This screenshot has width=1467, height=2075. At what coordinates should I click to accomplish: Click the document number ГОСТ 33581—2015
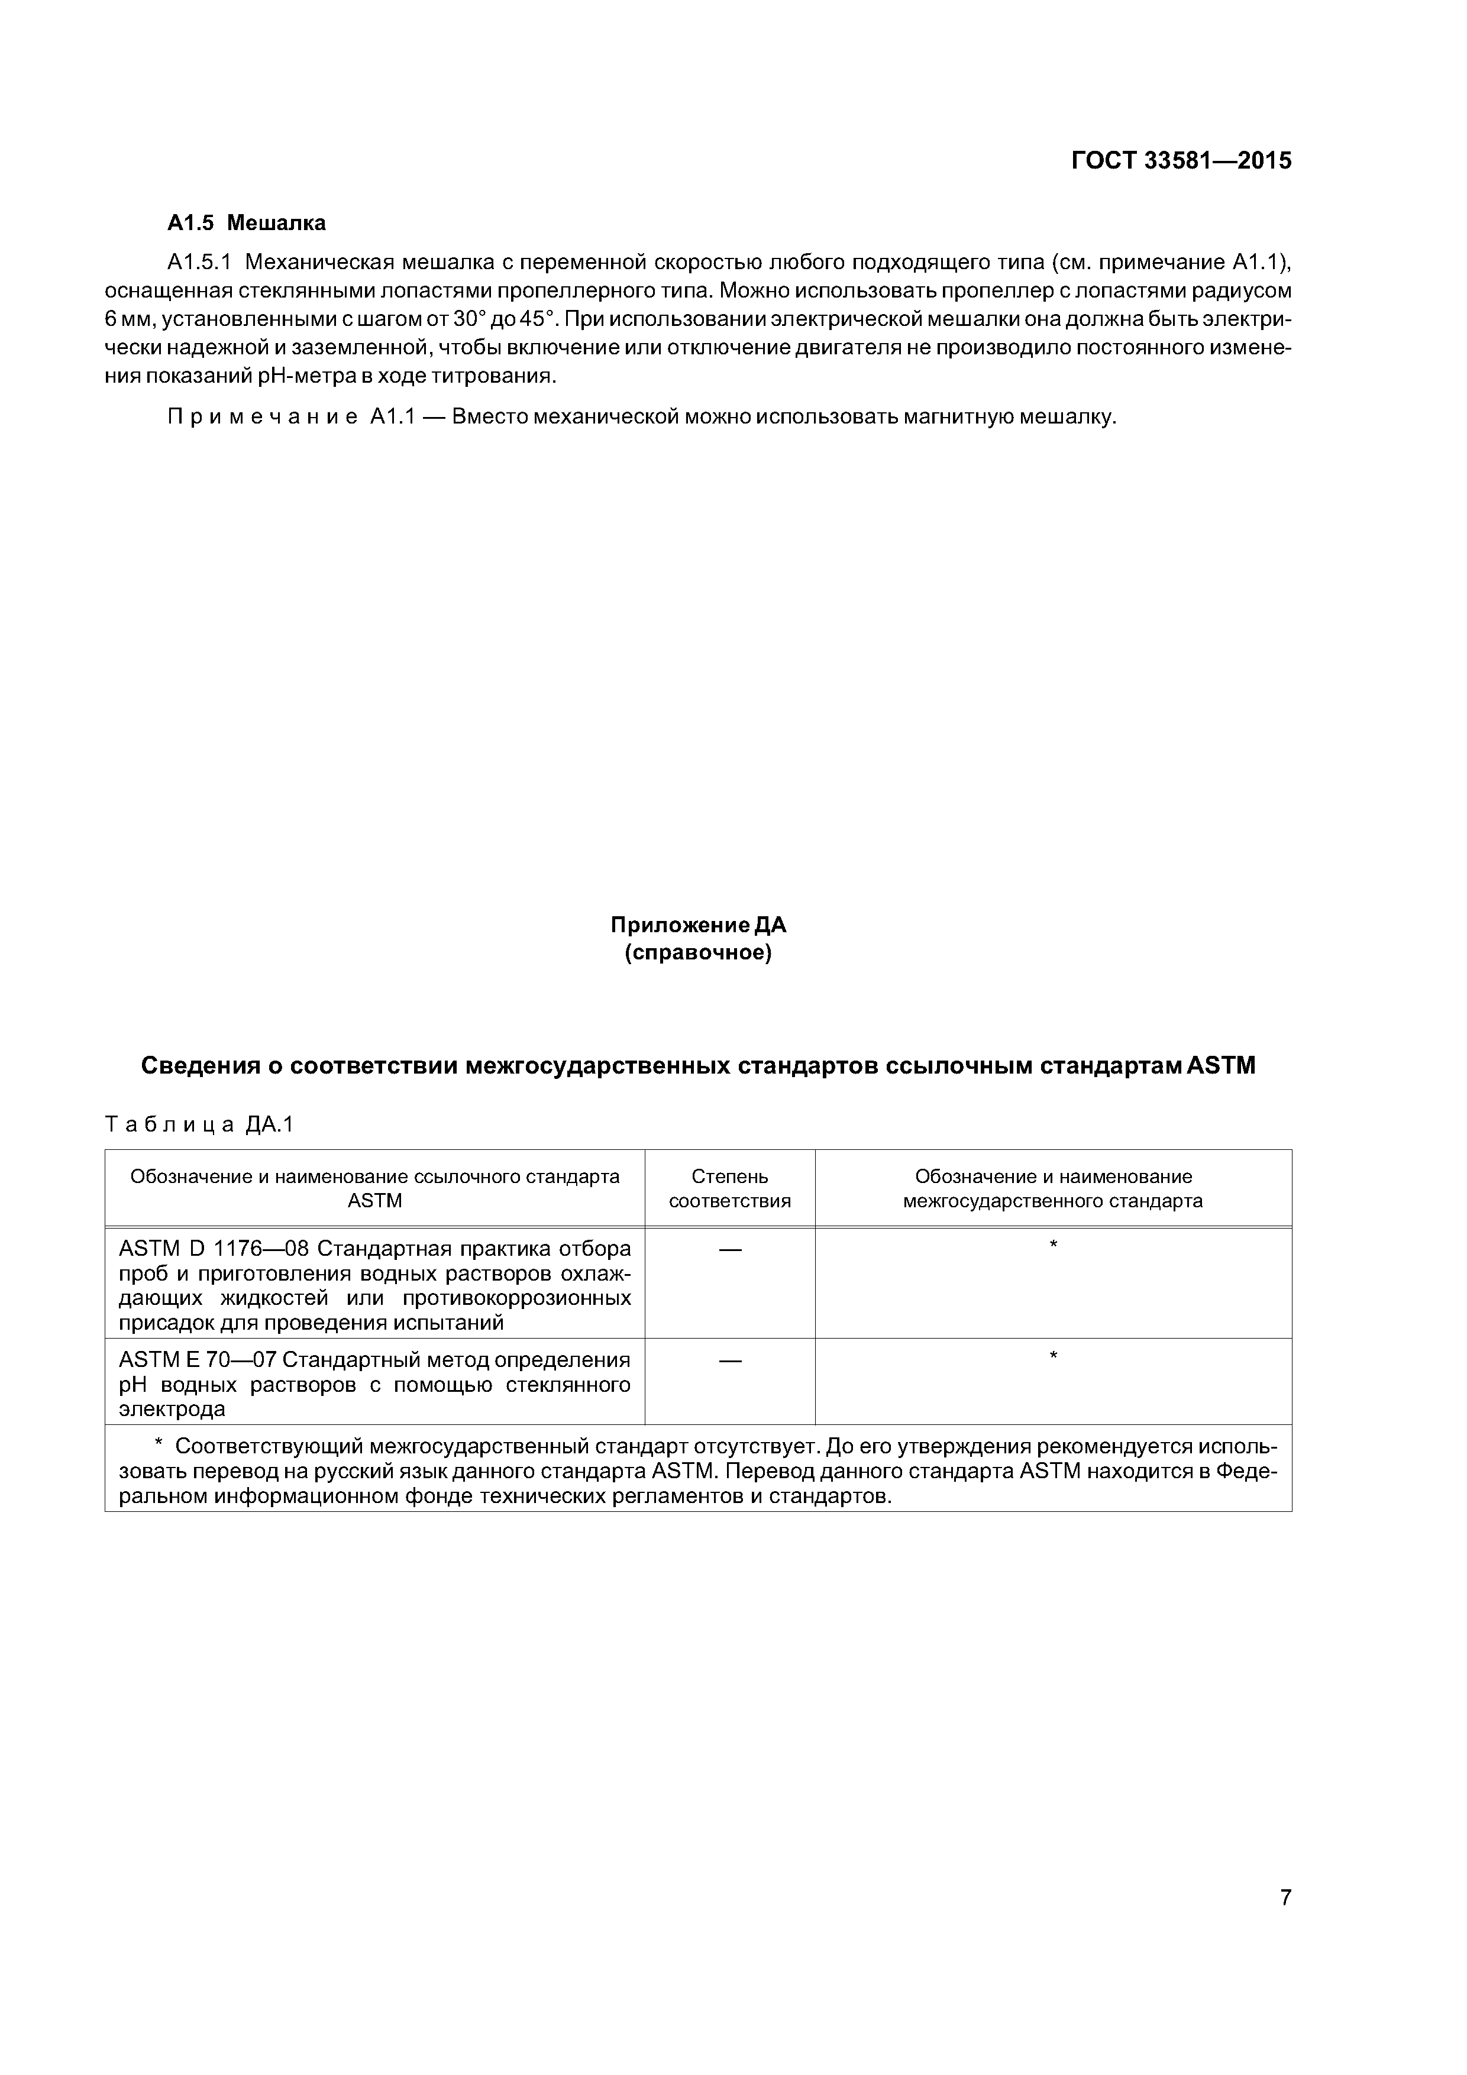(x=1181, y=161)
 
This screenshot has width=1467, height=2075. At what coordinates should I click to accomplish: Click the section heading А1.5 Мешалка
(x=247, y=222)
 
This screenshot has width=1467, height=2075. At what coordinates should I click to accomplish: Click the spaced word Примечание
(x=262, y=418)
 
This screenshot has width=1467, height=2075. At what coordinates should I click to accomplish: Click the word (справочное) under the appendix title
(x=698, y=954)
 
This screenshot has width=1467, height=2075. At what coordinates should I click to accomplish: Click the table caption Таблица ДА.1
(x=200, y=1124)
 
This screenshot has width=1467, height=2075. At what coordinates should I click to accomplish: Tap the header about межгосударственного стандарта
(x=1053, y=1188)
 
